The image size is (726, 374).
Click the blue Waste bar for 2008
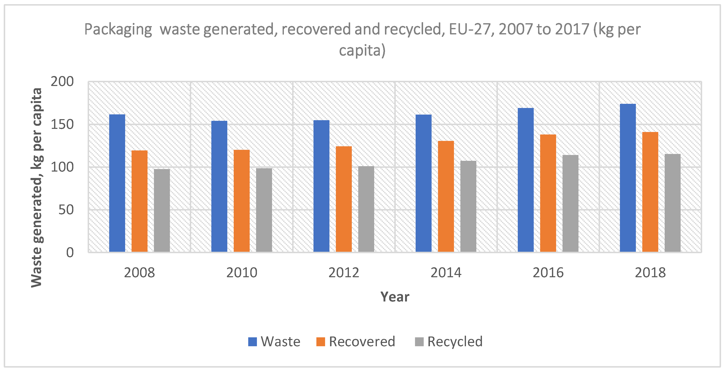117,183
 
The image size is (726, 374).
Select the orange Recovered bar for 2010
242,201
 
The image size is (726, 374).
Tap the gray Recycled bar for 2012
366,209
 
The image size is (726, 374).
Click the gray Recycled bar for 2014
468,206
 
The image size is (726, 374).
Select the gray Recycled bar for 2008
162,210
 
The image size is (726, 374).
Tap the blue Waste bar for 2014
423,183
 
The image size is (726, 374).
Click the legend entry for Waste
274,342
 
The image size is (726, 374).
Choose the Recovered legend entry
356,342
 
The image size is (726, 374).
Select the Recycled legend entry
449,342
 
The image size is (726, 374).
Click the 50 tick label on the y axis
66,210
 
